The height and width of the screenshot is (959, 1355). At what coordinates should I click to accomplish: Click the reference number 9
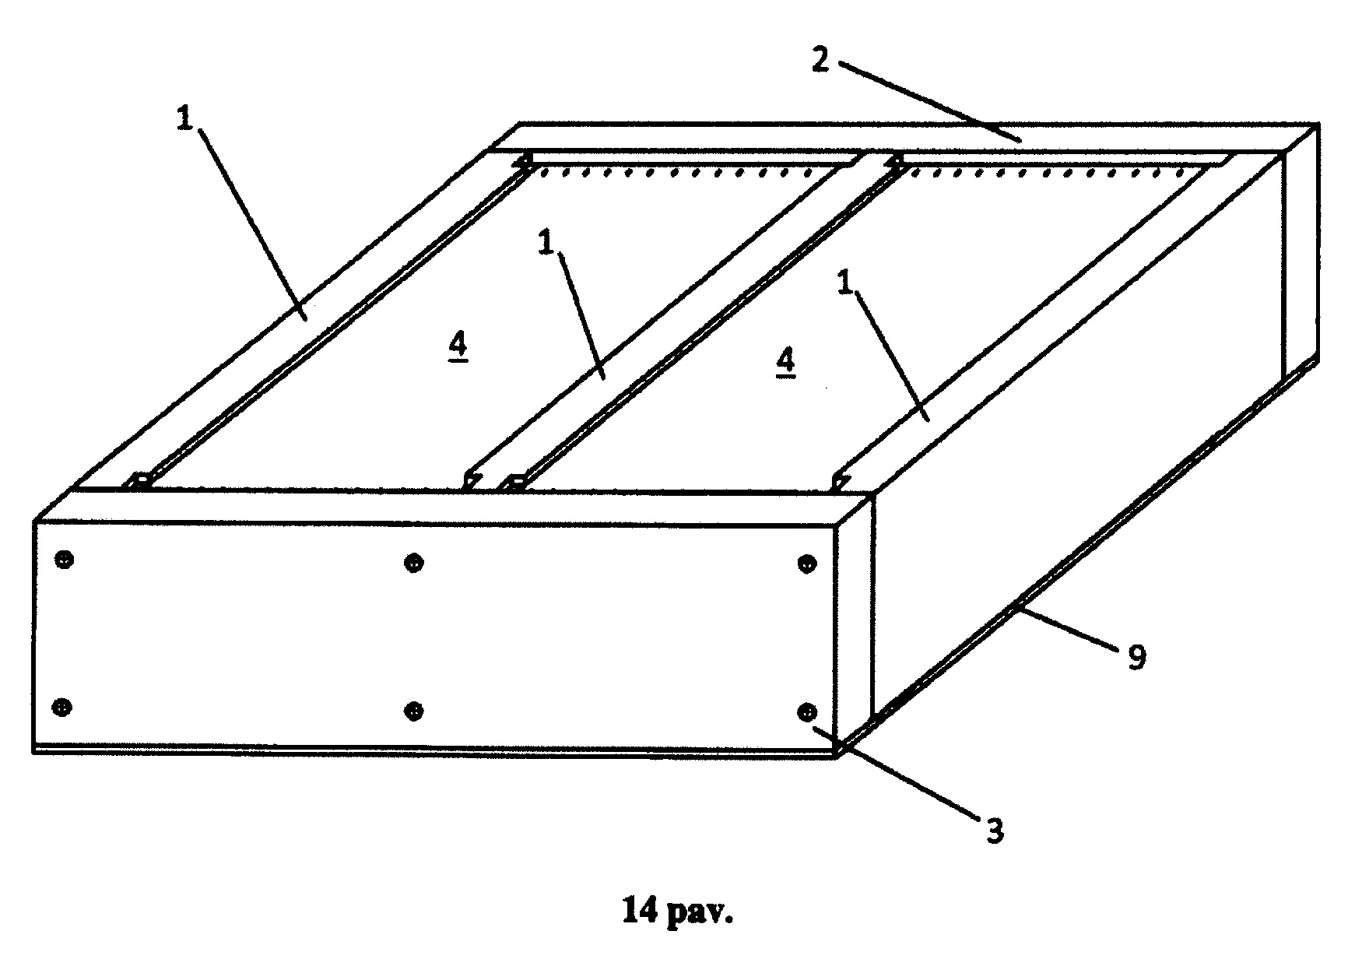1136,658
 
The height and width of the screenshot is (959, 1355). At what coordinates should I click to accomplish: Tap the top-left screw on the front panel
65,559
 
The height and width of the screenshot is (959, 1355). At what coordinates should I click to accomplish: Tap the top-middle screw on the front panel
414,562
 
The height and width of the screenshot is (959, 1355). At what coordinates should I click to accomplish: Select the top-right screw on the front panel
808,564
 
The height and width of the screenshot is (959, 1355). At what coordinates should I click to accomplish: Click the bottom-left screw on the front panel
61,707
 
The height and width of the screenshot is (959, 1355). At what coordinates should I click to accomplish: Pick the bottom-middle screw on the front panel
415,710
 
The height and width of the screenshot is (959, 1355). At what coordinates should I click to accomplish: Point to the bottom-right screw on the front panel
807,711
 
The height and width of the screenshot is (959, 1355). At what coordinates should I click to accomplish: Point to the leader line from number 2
930,103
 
